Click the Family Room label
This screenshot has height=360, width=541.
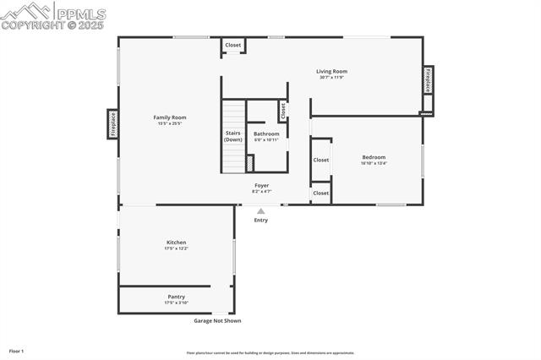[x=170, y=117]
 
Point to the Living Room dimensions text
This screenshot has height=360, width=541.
[x=332, y=78]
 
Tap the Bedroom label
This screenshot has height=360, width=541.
[x=374, y=157]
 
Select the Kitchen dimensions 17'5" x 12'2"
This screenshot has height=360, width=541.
[x=177, y=248]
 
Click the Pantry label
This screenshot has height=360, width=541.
[x=177, y=297]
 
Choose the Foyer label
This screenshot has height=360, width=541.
[x=262, y=185]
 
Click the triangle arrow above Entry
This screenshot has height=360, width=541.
[x=261, y=211]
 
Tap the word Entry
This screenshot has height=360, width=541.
[x=261, y=221]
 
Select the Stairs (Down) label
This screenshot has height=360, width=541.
[x=233, y=136]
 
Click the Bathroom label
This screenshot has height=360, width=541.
[x=266, y=134]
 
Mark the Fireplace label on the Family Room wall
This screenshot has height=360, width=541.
[x=112, y=124]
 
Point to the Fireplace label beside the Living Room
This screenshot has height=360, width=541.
[x=429, y=79]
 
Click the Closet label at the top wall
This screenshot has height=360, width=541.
[x=232, y=45]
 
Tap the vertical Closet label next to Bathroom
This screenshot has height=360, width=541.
[x=283, y=110]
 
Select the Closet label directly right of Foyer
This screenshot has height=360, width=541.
[x=321, y=194]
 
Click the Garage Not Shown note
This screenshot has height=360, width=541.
[x=217, y=321]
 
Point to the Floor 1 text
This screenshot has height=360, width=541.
[x=17, y=351]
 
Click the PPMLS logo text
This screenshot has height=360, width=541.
[x=81, y=14]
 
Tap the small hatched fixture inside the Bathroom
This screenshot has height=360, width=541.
[x=249, y=162]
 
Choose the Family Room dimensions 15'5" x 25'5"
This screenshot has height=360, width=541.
[x=170, y=124]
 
